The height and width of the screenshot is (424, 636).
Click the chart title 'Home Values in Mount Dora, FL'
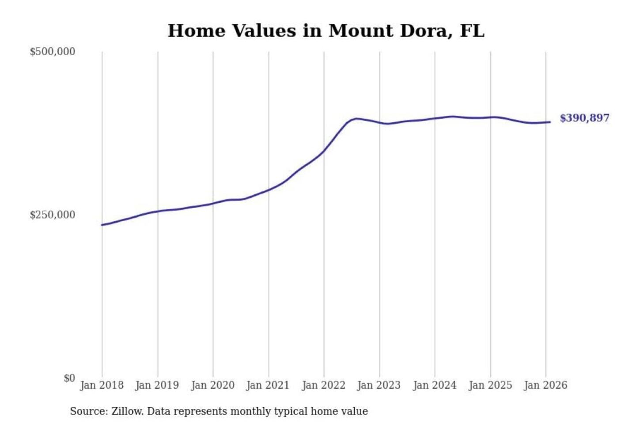click(326, 31)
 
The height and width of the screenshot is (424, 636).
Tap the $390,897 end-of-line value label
click(584, 118)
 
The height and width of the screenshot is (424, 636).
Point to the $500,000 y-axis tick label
click(52, 52)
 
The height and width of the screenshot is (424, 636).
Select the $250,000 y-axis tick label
click(52, 215)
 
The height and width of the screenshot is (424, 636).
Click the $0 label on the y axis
click(69, 378)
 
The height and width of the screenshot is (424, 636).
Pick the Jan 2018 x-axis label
click(102, 385)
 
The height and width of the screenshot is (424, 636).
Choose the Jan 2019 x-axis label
click(157, 385)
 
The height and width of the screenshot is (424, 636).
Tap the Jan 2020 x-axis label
click(212, 385)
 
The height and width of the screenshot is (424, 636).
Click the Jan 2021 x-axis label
click(268, 385)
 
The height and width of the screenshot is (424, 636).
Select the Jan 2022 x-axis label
click(323, 385)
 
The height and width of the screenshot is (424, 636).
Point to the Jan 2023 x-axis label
click(379, 385)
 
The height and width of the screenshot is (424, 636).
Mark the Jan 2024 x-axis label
click(434, 385)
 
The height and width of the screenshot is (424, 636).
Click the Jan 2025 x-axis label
click(490, 385)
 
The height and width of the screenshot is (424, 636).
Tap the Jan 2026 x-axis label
click(545, 385)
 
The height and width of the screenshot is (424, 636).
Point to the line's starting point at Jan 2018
click(102, 225)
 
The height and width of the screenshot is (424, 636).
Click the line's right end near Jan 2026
click(550, 122)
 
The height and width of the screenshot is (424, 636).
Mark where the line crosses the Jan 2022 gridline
click(324, 151)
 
